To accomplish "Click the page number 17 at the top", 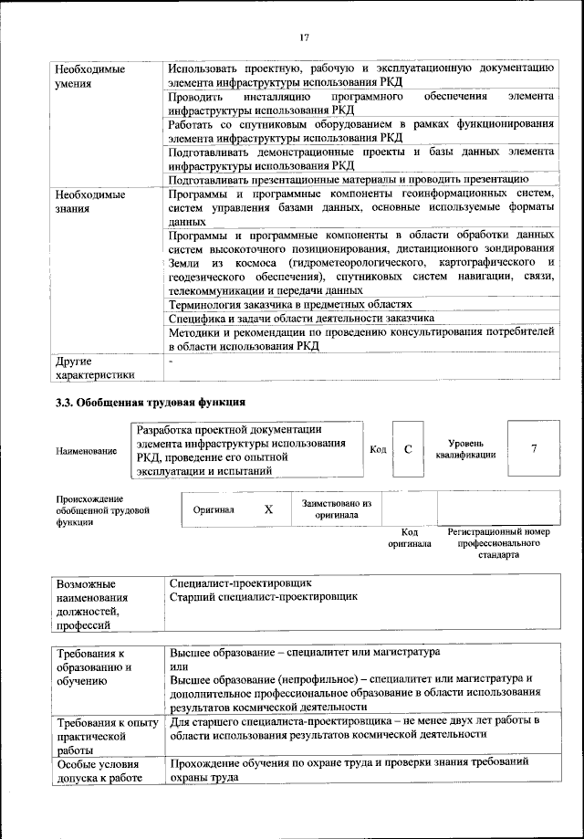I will [304, 37].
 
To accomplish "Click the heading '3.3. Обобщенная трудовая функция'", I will [151, 402].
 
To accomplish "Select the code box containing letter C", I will [408, 449].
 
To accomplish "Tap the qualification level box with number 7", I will [533, 448].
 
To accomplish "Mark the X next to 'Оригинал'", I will [268, 509].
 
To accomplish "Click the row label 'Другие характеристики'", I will [95, 367].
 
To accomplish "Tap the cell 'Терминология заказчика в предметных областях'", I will [291, 303].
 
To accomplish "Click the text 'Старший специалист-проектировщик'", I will [264, 596].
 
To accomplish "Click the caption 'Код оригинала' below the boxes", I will [409, 538].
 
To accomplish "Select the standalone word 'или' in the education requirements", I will [178, 666].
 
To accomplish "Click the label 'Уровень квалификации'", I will [465, 448].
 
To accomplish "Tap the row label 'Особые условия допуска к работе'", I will [99, 771].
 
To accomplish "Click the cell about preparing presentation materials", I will [349, 180].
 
